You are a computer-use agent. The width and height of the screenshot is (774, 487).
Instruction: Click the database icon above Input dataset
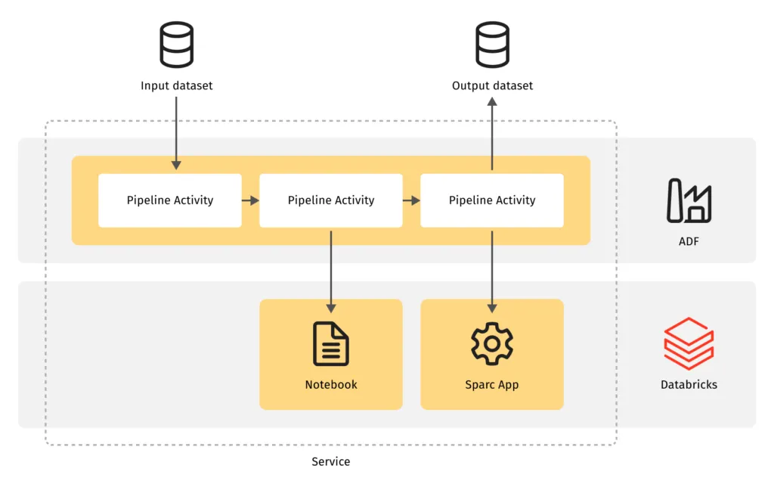pyautogui.click(x=176, y=45)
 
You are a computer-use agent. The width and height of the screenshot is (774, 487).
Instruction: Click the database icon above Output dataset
pyautogui.click(x=492, y=45)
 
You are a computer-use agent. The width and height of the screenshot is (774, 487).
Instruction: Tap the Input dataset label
pyautogui.click(x=176, y=85)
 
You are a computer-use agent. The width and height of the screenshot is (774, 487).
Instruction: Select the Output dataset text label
pyautogui.click(x=492, y=85)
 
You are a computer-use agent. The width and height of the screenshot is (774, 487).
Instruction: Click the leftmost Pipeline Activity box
pyautogui.click(x=170, y=200)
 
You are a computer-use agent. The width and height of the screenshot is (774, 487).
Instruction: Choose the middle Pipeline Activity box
pyautogui.click(x=331, y=200)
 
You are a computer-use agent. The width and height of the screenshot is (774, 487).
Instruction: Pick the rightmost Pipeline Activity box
pyautogui.click(x=492, y=200)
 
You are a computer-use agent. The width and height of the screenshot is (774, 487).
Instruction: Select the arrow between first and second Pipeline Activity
pyautogui.click(x=250, y=200)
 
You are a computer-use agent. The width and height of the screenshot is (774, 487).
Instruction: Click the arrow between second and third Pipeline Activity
pyautogui.click(x=411, y=200)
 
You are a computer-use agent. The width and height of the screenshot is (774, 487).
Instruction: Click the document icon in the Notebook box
pyautogui.click(x=331, y=344)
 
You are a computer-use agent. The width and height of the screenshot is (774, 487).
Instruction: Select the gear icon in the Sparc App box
pyautogui.click(x=492, y=343)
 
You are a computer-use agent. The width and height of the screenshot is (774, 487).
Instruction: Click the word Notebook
pyautogui.click(x=331, y=384)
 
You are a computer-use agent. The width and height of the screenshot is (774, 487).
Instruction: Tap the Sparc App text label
pyautogui.click(x=492, y=384)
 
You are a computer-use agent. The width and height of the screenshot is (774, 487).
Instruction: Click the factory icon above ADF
pyautogui.click(x=689, y=201)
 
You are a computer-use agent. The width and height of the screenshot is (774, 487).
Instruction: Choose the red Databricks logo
pyautogui.click(x=689, y=343)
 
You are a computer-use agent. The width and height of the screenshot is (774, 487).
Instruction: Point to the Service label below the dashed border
pyautogui.click(x=331, y=461)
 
